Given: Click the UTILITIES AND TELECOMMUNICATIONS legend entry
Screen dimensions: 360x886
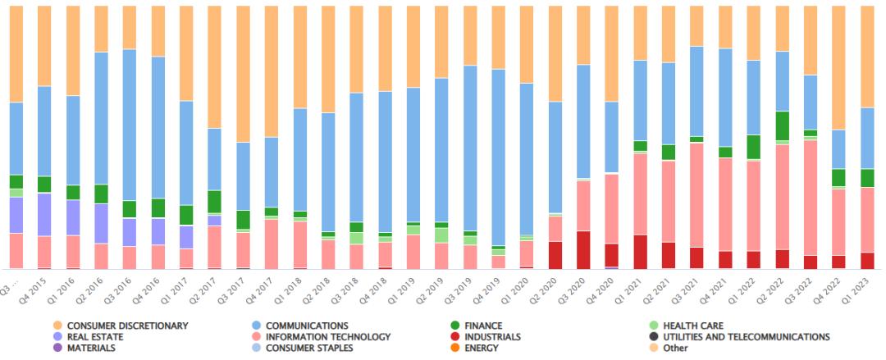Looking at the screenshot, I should (x=746, y=336).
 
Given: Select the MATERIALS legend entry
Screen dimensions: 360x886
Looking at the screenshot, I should (x=90, y=348).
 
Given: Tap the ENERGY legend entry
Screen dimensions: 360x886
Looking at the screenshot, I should (x=482, y=348).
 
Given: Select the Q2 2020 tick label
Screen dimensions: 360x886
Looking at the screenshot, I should (x=550, y=289).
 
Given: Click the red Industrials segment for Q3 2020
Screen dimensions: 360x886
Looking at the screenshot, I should (x=584, y=249).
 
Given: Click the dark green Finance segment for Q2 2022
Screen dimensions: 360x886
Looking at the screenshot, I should (x=783, y=125).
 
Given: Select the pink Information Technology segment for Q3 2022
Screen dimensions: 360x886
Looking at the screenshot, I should (x=811, y=197).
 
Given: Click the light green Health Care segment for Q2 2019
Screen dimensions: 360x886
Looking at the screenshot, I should (x=441, y=235).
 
